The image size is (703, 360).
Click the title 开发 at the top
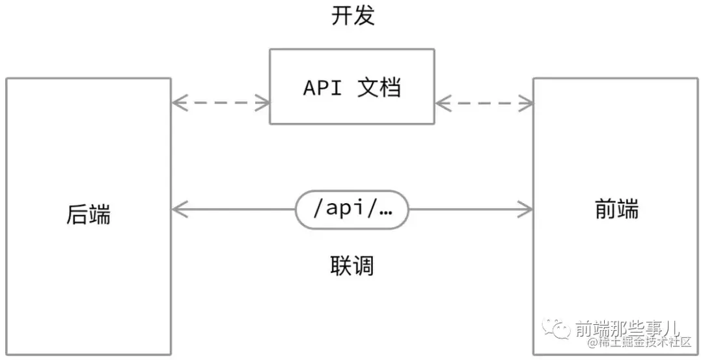[353, 16]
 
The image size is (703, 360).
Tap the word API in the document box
[322, 88]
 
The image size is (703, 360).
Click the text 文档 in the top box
[379, 88]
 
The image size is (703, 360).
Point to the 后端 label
[89, 214]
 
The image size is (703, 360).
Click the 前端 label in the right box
[616, 210]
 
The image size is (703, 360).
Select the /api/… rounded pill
[352, 210]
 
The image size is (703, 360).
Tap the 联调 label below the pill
[352, 266]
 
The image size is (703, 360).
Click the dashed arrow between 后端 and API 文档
[221, 102]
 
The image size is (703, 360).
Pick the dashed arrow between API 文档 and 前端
[484, 102]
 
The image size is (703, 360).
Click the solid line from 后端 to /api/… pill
[234, 210]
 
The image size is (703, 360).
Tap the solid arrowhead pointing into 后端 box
[178, 210]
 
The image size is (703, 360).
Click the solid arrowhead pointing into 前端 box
[526, 210]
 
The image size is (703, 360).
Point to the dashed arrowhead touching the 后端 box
[178, 102]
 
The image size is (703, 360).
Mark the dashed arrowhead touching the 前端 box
[527, 102]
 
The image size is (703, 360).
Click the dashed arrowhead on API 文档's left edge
[263, 102]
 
